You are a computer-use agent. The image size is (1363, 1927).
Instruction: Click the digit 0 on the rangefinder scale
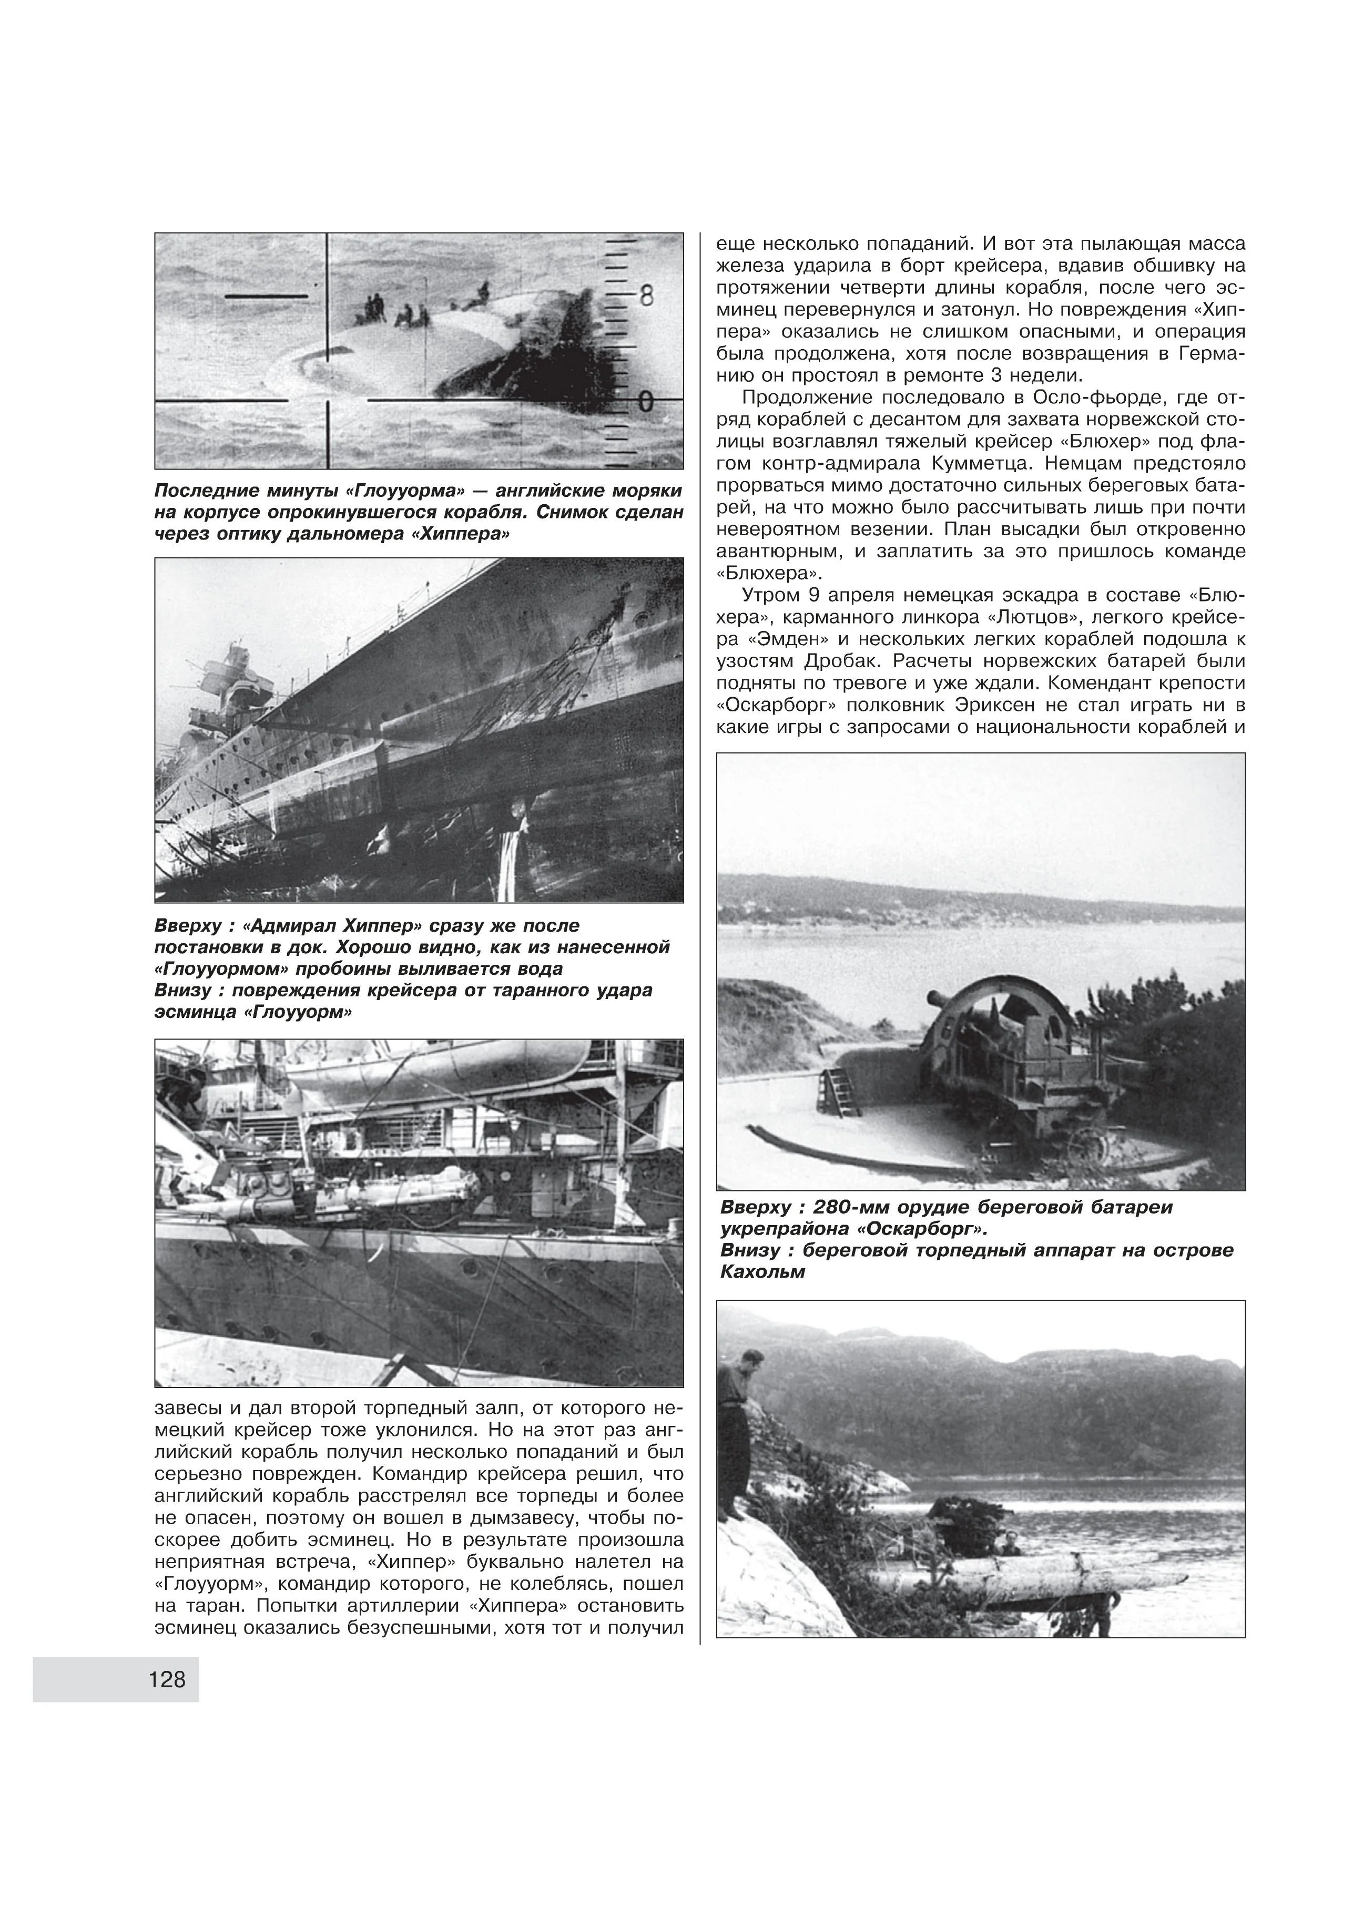click(x=645, y=402)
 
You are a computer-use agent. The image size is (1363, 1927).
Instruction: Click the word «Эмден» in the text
click(x=774, y=639)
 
